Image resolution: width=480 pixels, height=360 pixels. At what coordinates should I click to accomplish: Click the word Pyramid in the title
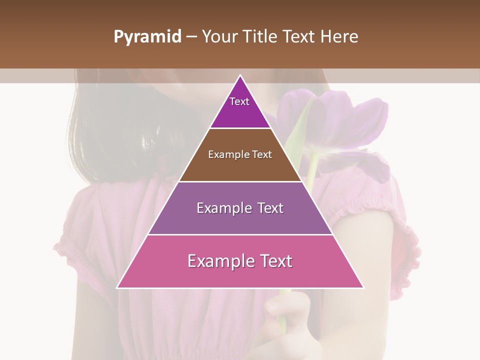pyautogui.click(x=147, y=37)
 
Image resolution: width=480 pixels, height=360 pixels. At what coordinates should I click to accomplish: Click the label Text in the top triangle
pyautogui.click(x=239, y=101)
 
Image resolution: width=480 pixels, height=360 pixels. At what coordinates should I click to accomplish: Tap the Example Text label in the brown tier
pyautogui.click(x=240, y=154)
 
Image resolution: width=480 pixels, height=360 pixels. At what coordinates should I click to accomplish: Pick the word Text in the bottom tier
pyautogui.click(x=275, y=261)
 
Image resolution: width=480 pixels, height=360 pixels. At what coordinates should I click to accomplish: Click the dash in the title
pyautogui.click(x=191, y=37)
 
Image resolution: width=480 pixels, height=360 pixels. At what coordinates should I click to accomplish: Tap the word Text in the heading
pyautogui.click(x=299, y=36)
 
